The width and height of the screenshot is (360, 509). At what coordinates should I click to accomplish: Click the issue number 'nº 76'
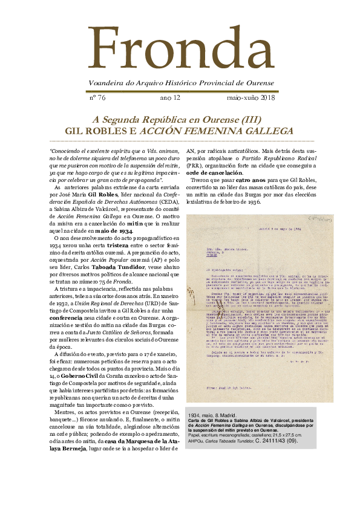coord(97,97)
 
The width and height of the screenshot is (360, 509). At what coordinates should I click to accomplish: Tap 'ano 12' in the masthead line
coord(170,97)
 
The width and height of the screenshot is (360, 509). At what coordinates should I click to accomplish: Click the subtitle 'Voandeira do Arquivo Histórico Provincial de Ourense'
coord(180,83)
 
